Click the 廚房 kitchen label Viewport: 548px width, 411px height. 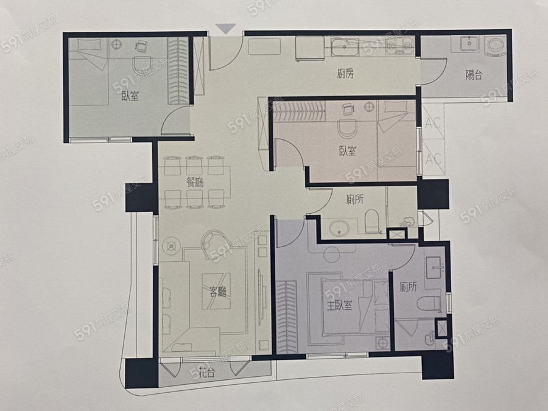[x=345, y=74]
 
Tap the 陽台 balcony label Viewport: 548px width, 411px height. [x=474, y=75]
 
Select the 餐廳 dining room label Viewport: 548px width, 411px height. [x=195, y=181]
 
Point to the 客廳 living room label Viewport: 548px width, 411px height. [x=218, y=292]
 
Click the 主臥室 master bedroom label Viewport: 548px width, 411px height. [x=339, y=306]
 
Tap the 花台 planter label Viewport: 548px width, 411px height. [x=206, y=373]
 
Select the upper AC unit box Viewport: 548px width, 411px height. [x=433, y=122]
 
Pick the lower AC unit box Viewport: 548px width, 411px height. [x=433, y=157]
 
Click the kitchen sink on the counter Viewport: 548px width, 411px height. [x=345, y=47]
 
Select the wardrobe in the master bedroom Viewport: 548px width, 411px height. [x=286, y=316]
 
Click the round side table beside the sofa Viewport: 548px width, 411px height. [x=172, y=246]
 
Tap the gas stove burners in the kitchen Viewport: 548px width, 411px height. [x=400, y=47]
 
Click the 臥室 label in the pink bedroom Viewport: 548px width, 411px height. [x=348, y=150]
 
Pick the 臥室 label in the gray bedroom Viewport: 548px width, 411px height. [x=130, y=96]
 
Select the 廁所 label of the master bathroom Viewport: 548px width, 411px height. [x=409, y=287]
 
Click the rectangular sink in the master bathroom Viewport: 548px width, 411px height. [x=434, y=268]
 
